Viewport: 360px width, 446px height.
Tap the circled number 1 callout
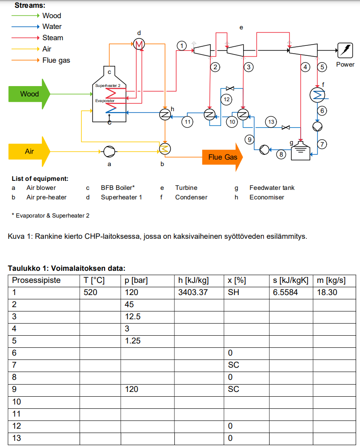click(x=182, y=45)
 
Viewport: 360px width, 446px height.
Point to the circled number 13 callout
click(x=271, y=122)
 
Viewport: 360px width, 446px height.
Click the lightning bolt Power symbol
click(x=345, y=50)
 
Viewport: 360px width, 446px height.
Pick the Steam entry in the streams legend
click(x=52, y=38)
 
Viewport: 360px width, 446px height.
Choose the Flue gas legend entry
click(x=56, y=60)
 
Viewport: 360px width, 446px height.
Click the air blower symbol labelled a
click(x=109, y=151)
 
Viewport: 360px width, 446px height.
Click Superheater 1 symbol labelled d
click(x=139, y=44)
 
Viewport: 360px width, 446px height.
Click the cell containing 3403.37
click(x=193, y=292)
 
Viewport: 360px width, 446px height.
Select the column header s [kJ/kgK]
click(x=291, y=280)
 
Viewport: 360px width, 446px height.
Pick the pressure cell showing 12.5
click(x=132, y=316)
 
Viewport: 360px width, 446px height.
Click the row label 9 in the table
click(x=14, y=389)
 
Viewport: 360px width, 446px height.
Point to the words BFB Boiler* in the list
click(x=118, y=188)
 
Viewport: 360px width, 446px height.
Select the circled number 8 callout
click(x=280, y=154)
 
